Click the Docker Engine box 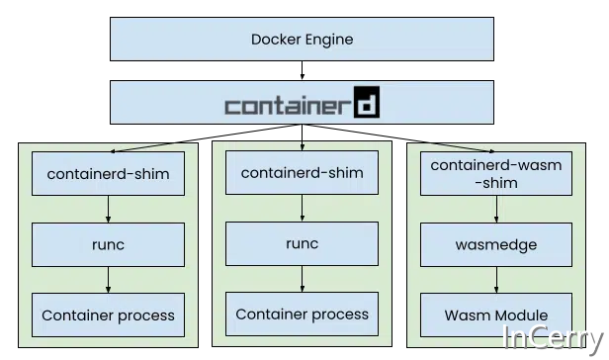point(302,40)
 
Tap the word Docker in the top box point(277,40)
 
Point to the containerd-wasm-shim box point(496,174)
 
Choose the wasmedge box point(496,244)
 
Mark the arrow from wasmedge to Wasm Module point(496,280)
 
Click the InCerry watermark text point(553,337)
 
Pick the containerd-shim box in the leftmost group point(108,174)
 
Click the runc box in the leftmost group point(108,244)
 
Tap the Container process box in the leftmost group point(108,316)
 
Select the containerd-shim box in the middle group point(302,173)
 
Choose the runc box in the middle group point(302,243)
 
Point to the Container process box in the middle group point(302,315)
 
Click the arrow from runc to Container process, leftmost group point(108,280)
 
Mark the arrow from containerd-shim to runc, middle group point(302,209)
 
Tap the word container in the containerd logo point(287,104)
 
